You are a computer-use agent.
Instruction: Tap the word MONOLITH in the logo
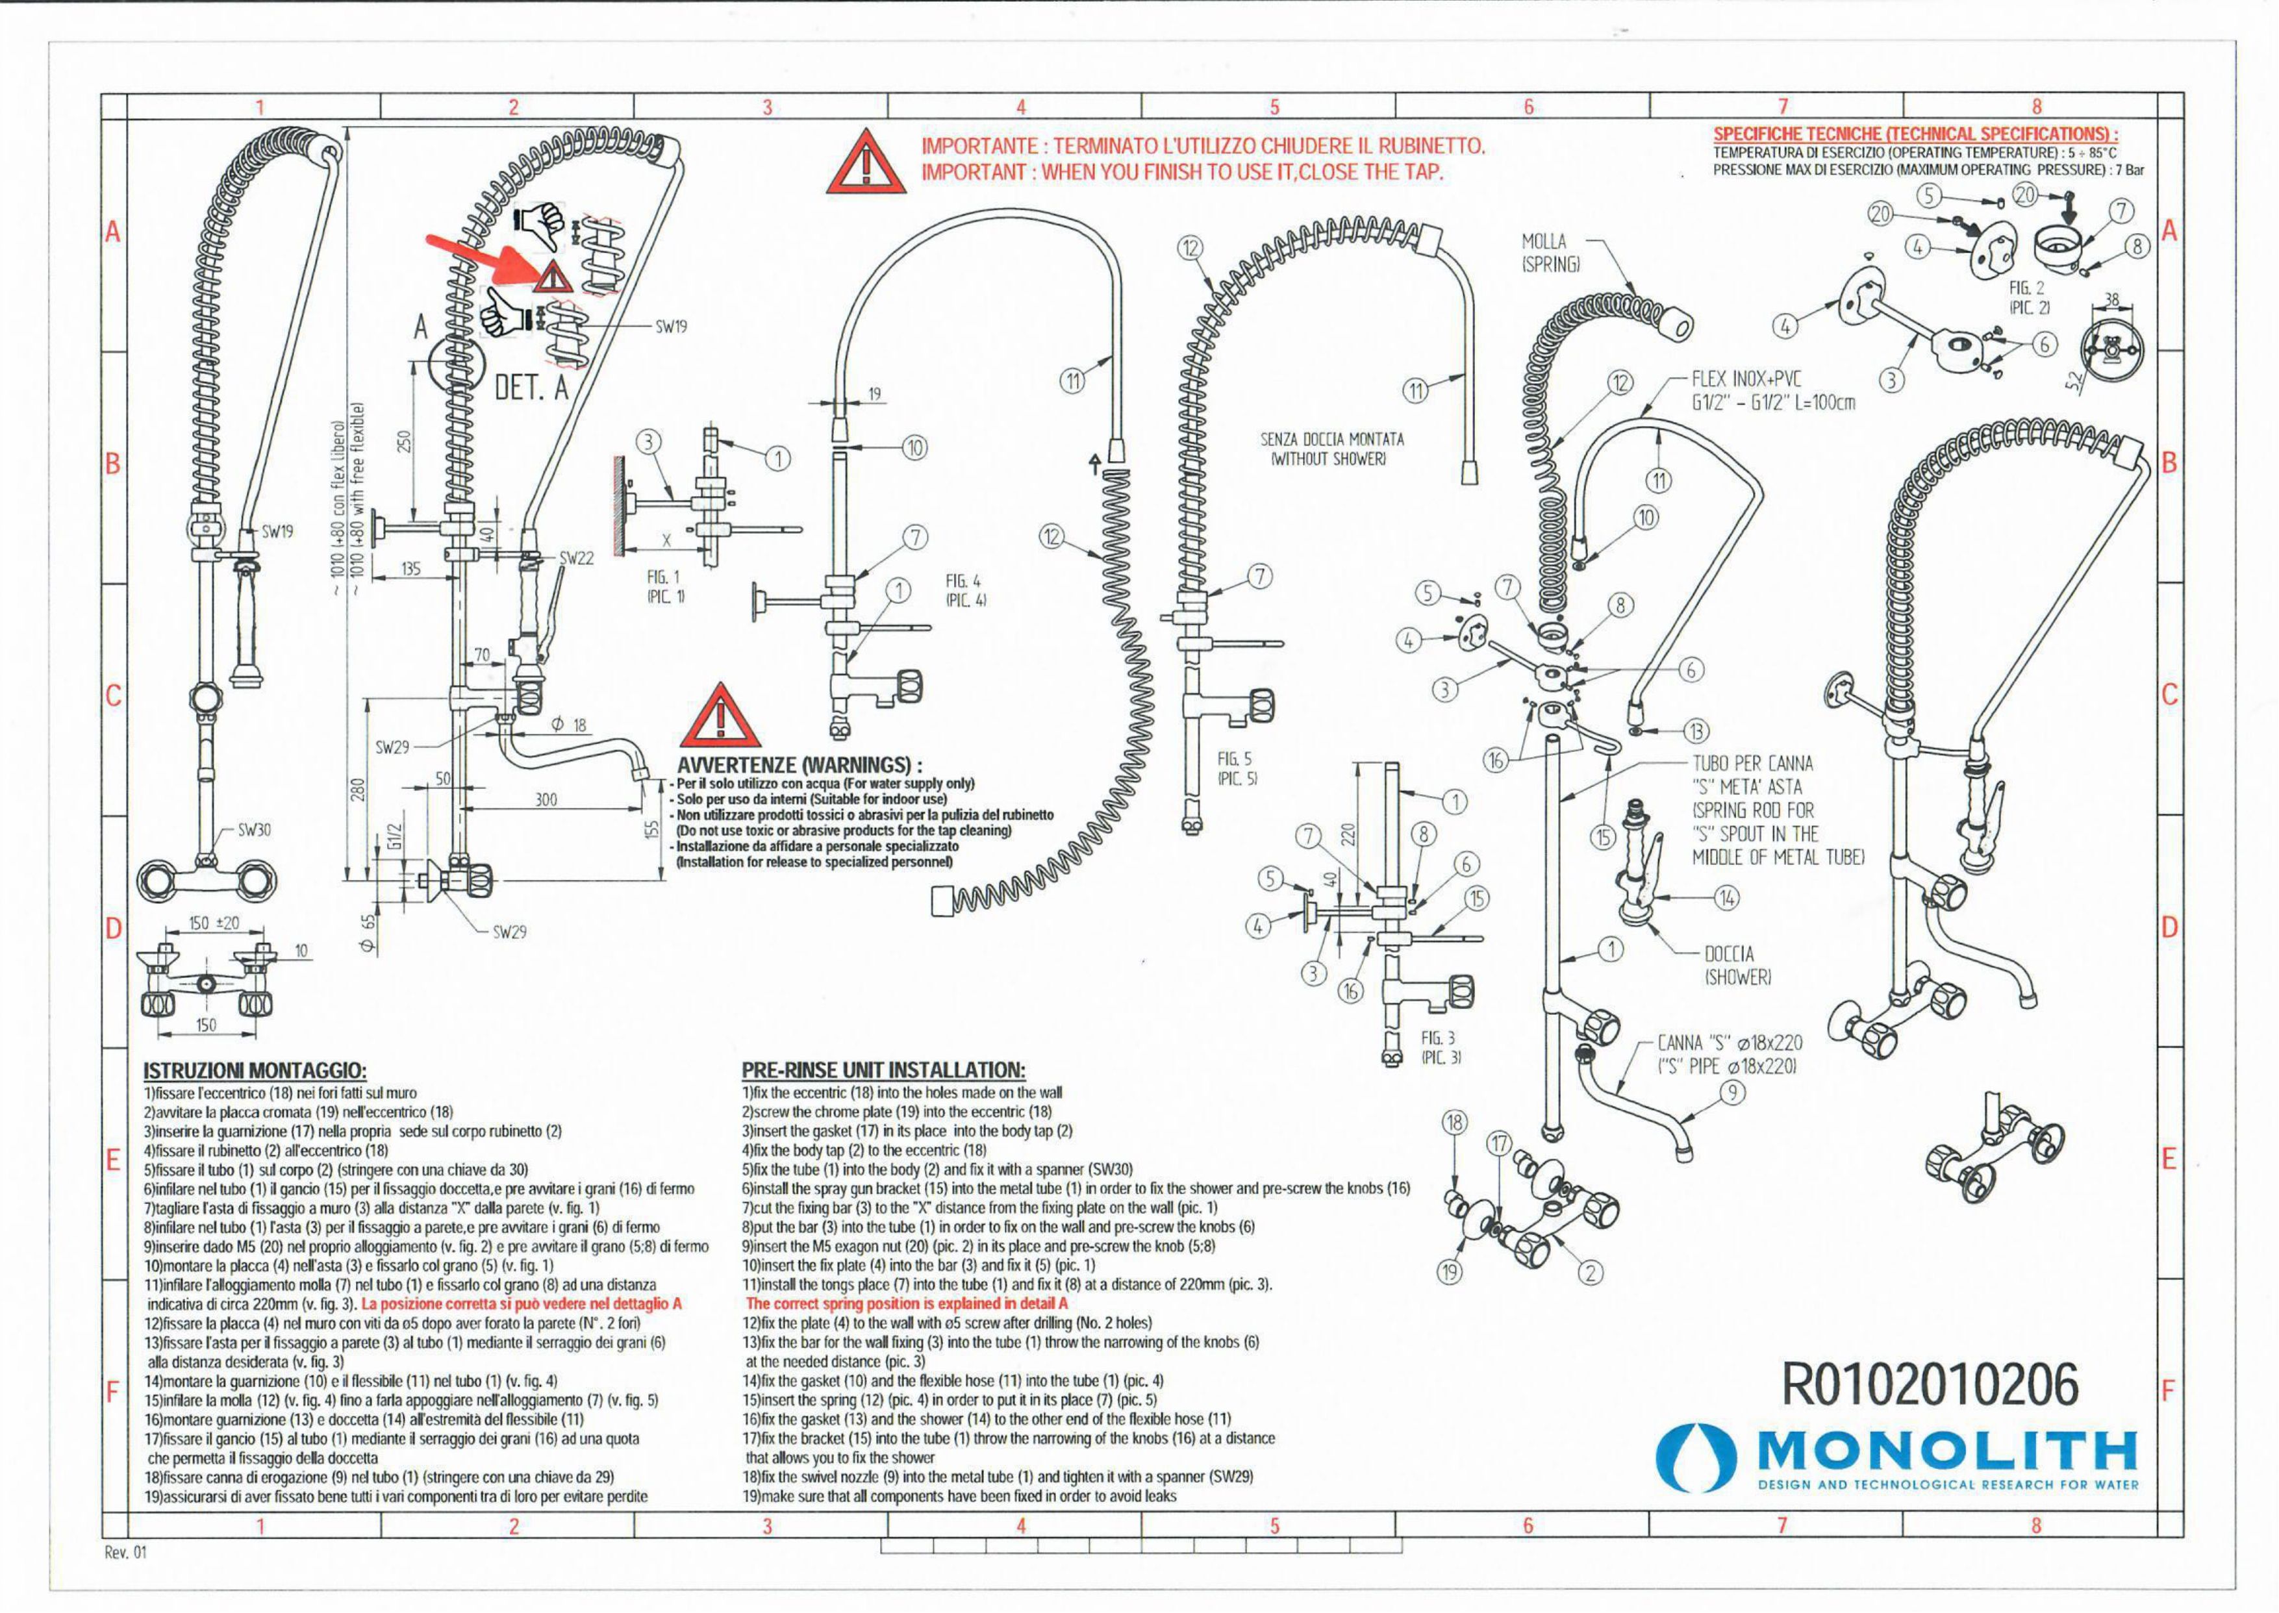coord(1946,1452)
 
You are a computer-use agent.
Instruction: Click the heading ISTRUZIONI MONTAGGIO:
coord(255,1071)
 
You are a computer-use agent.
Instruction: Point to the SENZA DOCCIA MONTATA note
coord(1331,449)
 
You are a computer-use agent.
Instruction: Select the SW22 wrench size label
coord(576,558)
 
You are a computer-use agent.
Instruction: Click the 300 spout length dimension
coord(546,799)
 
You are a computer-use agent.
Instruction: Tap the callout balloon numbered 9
coord(1731,1094)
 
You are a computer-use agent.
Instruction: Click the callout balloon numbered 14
coord(1727,898)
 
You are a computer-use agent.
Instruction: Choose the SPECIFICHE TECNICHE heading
coord(1915,134)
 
